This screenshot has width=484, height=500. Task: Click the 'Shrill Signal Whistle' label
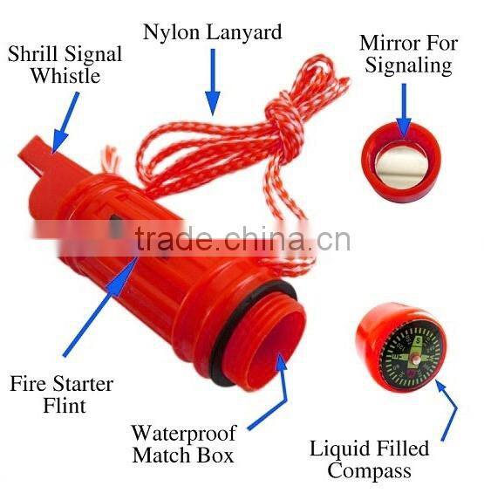point(65,65)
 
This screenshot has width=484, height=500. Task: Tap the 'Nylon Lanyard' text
point(213,33)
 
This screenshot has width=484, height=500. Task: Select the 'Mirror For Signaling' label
point(406,54)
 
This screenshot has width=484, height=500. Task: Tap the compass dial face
point(410,353)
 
